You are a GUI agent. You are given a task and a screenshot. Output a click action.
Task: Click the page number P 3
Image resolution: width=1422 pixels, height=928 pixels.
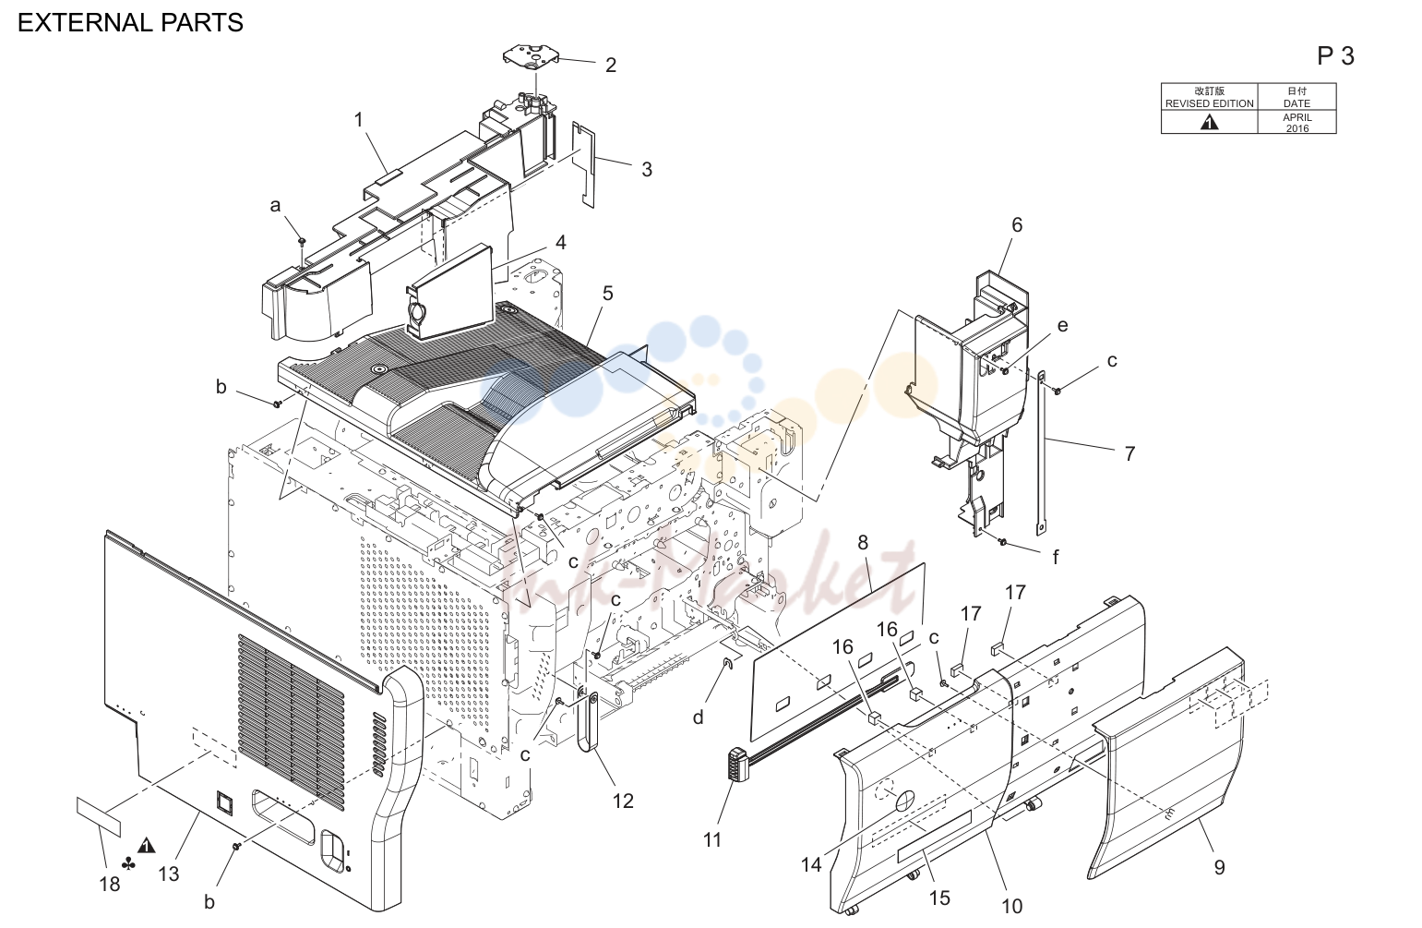[1335, 56]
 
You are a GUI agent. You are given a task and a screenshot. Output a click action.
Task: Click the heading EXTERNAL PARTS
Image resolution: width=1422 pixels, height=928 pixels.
[130, 23]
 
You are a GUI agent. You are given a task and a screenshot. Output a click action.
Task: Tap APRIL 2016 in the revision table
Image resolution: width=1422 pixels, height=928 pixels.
[1297, 123]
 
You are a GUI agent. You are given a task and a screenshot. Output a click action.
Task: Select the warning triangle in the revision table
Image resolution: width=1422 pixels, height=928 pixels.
[1209, 122]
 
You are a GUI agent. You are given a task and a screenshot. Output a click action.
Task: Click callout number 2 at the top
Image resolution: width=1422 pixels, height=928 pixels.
[610, 65]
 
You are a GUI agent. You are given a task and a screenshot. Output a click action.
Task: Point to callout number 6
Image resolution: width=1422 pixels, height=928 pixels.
[1016, 225]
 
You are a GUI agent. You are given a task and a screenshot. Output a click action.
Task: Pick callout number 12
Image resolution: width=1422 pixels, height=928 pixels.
[623, 801]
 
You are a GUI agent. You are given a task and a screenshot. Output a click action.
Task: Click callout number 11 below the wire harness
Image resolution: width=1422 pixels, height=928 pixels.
[712, 839]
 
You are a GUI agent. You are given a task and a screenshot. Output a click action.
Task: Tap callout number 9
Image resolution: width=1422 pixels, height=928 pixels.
[1219, 867]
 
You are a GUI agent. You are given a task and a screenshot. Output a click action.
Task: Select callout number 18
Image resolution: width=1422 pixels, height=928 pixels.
[109, 884]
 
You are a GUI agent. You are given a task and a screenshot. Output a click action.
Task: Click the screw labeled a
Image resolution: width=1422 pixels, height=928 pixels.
[302, 241]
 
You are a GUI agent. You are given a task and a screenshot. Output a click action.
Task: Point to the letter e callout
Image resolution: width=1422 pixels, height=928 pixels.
[1062, 326]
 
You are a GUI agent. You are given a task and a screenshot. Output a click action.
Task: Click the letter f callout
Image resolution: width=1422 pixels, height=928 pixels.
[1056, 557]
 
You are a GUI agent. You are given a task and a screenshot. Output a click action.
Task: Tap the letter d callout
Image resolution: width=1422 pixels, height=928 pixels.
[698, 717]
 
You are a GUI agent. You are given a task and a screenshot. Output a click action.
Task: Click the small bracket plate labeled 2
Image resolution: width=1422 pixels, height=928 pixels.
[531, 56]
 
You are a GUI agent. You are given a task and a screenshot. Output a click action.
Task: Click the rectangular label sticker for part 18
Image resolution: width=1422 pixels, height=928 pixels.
[98, 817]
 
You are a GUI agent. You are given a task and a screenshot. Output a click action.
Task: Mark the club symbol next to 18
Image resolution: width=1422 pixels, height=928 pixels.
[128, 864]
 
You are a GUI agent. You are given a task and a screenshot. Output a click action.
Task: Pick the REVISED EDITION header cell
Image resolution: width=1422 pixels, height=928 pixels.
[1210, 97]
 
